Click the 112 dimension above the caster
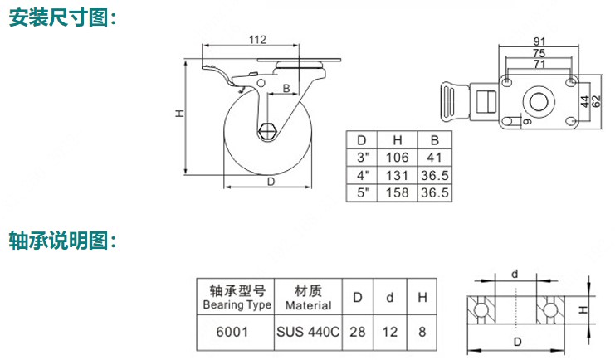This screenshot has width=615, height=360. click(x=257, y=40)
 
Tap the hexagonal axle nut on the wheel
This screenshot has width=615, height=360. click(x=268, y=130)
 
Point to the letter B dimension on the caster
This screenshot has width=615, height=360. click(x=286, y=88)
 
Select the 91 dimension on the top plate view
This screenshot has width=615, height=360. click(x=539, y=41)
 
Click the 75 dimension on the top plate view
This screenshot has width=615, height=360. click(x=539, y=53)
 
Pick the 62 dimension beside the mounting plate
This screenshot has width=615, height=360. click(x=596, y=101)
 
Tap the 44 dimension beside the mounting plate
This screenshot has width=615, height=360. click(x=585, y=101)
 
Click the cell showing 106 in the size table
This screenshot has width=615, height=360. click(x=397, y=158)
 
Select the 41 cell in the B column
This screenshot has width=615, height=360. click(x=435, y=158)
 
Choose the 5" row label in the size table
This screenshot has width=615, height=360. click(x=363, y=192)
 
